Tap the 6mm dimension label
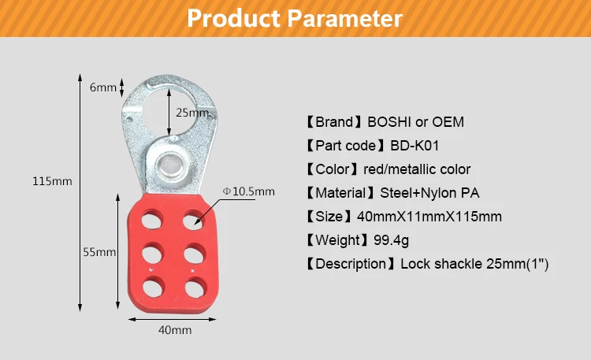[x=102, y=87]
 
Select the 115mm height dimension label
[x=52, y=181]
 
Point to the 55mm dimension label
[x=100, y=252]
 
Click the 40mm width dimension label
[x=175, y=330]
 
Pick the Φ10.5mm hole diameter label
[x=249, y=191]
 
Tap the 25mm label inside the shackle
[x=191, y=113]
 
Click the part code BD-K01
[x=415, y=146]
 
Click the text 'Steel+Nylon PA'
[x=429, y=193]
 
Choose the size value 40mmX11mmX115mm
[x=432, y=217]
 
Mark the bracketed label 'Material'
[x=340, y=193]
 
